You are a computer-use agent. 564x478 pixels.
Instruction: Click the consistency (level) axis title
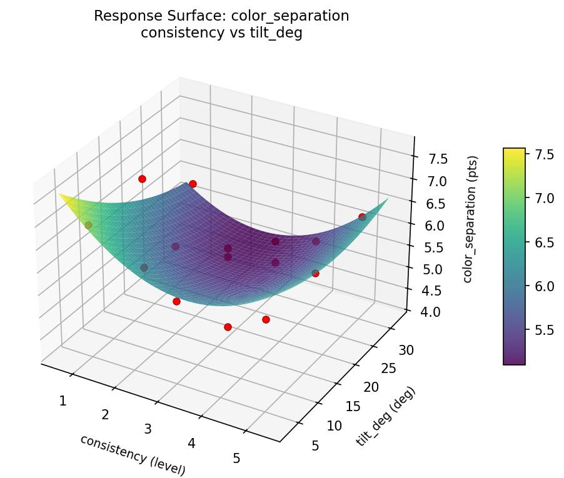click(133, 453)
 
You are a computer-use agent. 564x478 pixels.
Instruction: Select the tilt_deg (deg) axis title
click(386, 417)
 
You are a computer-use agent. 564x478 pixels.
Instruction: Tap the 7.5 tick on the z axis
click(438, 159)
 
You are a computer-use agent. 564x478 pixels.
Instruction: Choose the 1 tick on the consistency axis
click(63, 401)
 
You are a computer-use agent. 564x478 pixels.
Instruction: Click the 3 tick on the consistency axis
click(148, 429)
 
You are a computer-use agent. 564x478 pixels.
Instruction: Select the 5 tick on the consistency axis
click(236, 458)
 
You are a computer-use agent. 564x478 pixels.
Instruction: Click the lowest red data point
click(228, 327)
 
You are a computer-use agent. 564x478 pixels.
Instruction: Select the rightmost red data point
click(362, 217)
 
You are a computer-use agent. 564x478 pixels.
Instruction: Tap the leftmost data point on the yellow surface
click(88, 225)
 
